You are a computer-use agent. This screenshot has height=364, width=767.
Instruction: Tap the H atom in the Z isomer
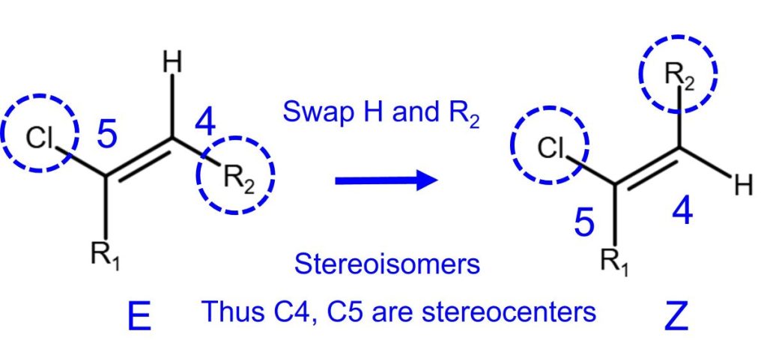point(743,185)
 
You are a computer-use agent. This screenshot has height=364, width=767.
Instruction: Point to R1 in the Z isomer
point(615,263)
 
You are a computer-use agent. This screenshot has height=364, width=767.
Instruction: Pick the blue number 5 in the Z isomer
point(584,222)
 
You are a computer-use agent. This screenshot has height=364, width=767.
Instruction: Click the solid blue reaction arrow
point(386,180)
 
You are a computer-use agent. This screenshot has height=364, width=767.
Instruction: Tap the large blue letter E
point(141,318)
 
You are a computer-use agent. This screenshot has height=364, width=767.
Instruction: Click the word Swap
point(314,112)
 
